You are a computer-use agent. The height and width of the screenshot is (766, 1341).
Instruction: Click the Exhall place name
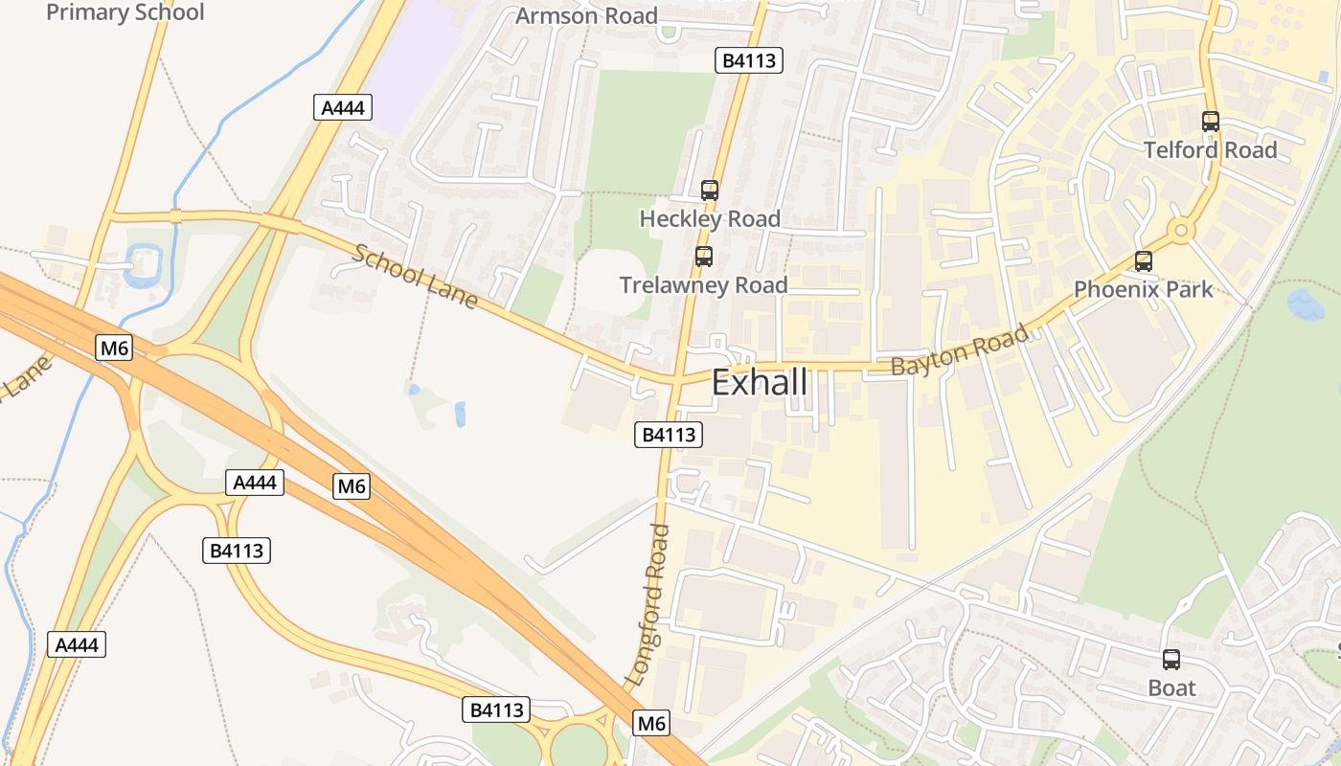pyautogui.click(x=760, y=383)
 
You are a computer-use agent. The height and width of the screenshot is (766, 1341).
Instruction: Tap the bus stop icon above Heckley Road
pyautogui.click(x=709, y=190)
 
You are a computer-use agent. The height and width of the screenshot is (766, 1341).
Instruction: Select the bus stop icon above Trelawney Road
pyautogui.click(x=704, y=257)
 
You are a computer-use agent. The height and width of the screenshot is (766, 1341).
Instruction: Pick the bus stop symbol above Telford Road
pyautogui.click(x=1211, y=122)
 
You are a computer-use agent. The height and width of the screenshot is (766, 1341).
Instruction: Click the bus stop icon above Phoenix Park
pyautogui.click(x=1143, y=261)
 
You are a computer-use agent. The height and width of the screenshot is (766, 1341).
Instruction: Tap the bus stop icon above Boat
pyautogui.click(x=1171, y=659)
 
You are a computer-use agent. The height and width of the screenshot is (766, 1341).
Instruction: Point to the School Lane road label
pyautogui.click(x=415, y=277)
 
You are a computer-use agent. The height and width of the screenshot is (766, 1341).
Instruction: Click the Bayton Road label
pyautogui.click(x=960, y=349)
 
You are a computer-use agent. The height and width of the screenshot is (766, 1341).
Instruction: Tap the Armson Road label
pyautogui.click(x=586, y=16)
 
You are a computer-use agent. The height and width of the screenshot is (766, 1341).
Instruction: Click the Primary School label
pyautogui.click(x=125, y=12)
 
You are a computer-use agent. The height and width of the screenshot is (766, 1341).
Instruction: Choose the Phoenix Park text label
pyautogui.click(x=1143, y=289)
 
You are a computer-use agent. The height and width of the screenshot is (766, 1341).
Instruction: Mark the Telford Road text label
pyautogui.click(x=1211, y=150)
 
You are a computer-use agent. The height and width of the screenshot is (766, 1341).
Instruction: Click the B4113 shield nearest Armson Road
pyautogui.click(x=749, y=61)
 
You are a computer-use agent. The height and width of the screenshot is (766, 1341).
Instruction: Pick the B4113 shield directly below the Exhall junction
pyautogui.click(x=669, y=435)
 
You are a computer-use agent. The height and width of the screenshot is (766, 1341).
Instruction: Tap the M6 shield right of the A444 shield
pyautogui.click(x=352, y=486)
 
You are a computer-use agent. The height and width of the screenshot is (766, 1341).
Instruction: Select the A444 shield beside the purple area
pyautogui.click(x=342, y=107)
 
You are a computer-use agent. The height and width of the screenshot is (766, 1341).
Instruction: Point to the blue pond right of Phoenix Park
pyautogui.click(x=1306, y=304)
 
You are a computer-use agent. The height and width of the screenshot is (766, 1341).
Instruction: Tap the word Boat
pyautogui.click(x=1171, y=688)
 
